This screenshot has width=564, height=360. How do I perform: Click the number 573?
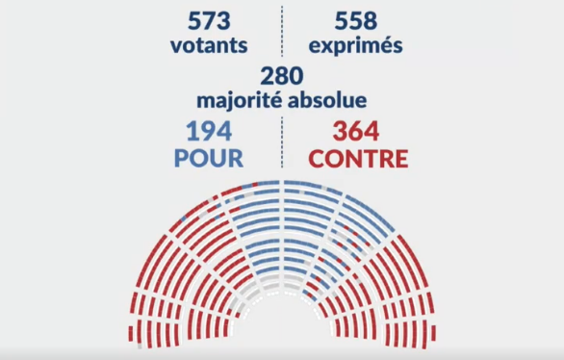(x=208, y=19)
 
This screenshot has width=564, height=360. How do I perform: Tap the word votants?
(x=208, y=45)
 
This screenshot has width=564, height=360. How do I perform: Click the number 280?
(x=281, y=75)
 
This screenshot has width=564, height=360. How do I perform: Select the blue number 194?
(x=208, y=130)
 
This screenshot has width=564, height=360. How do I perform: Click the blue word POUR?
(x=208, y=158)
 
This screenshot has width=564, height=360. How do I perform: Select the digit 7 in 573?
(x=208, y=19)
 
